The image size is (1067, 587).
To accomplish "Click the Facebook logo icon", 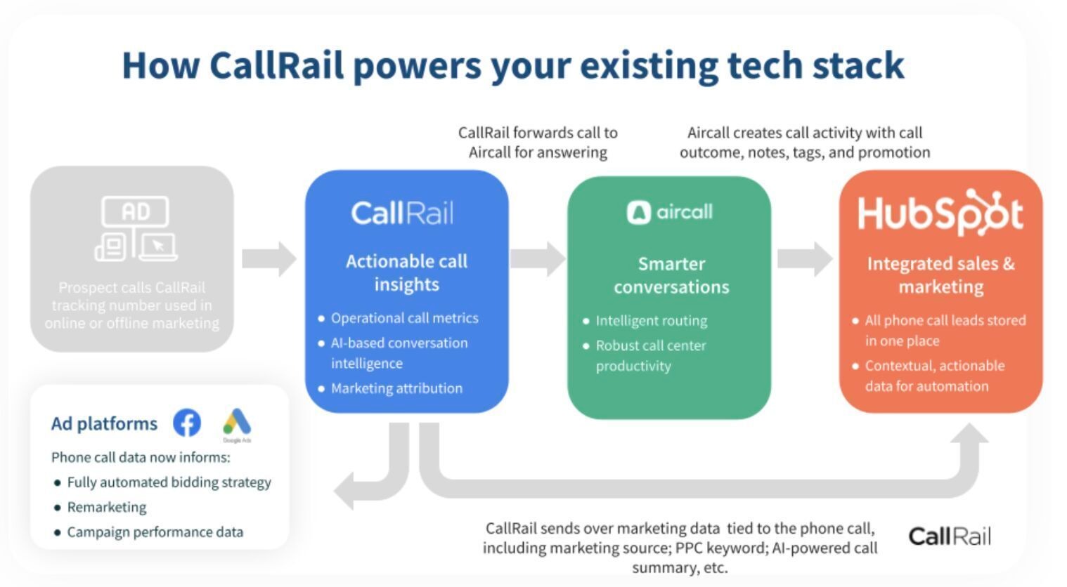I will (186, 423).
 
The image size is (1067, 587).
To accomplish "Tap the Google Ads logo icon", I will (237, 423).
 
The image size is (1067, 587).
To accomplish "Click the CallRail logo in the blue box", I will (402, 213).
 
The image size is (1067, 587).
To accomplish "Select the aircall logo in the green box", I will (669, 212).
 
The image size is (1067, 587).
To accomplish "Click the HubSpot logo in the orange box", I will (940, 213).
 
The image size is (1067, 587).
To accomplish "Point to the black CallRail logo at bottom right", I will (949, 536).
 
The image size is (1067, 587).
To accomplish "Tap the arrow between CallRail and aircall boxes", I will (538, 259).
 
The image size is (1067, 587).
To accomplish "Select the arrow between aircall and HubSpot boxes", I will (805, 259).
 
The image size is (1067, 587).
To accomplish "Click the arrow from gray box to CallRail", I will (269, 259).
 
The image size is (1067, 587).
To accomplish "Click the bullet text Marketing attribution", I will (396, 388).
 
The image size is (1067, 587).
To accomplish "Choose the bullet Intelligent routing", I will (651, 321).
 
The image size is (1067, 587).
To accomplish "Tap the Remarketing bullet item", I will (107, 507).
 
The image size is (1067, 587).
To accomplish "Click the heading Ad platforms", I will (104, 424).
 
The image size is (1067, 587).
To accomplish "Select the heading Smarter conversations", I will (671, 275).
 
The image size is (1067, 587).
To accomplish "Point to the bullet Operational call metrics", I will (404, 318).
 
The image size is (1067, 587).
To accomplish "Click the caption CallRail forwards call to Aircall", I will (538, 143).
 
